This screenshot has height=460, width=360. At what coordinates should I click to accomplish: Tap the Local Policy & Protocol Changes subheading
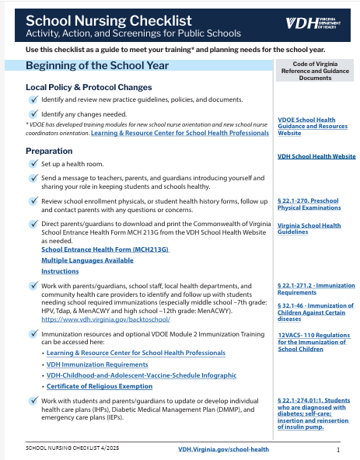pos(89,87)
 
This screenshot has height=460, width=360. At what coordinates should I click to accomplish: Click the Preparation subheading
pos(49,151)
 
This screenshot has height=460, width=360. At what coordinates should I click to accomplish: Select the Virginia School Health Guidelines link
pos(309,229)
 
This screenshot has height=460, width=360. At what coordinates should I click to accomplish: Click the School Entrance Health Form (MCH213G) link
pos(105,249)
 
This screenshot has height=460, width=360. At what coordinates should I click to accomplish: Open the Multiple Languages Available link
pos(87,260)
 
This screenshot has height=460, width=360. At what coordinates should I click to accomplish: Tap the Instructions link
pos(60,271)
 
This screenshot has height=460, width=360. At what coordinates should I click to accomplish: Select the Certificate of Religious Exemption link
pos(99,386)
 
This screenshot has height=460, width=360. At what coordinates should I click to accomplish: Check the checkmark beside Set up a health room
pos(32,164)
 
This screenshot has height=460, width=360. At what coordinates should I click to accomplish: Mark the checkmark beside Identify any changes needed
pos(32,113)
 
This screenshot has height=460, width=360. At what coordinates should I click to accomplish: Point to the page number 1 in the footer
pos(338,449)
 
